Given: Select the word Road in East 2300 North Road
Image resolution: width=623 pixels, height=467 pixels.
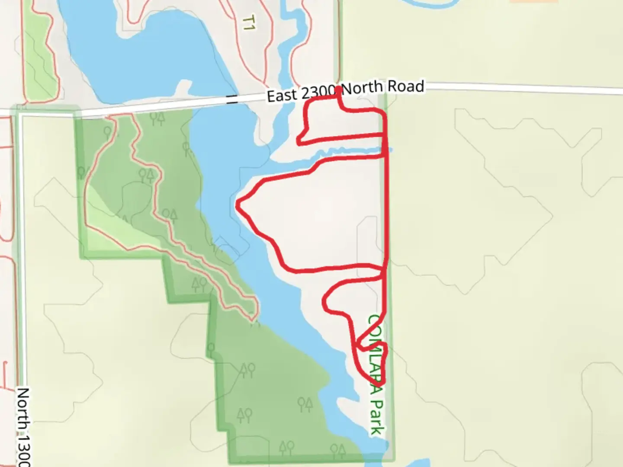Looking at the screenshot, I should tap(405, 87).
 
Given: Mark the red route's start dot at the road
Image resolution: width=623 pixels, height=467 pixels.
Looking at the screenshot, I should tap(338, 90).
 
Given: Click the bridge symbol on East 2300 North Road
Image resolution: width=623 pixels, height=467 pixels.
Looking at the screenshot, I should tap(232, 102).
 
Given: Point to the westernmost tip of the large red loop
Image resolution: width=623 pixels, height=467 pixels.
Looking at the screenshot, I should tap(238, 205).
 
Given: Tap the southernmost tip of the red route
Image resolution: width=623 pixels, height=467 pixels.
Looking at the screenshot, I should tap(379, 385).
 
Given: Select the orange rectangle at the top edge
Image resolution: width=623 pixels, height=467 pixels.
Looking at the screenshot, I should tap(533, 1).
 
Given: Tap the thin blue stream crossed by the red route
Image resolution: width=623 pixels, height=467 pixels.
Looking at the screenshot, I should tap(346, 151).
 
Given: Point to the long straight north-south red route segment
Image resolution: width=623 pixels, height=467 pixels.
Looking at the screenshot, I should tap(386, 208).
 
